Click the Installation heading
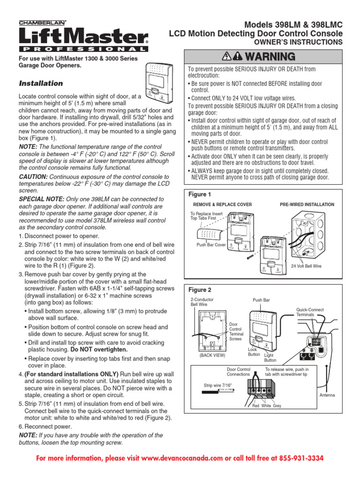coord(40,83)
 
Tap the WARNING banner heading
coord(262,57)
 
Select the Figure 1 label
coord(200,194)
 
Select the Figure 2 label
coord(200,290)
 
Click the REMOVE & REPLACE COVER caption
coord(223,205)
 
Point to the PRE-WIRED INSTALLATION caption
coord(307,205)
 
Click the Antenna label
coord(327,395)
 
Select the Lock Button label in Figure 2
coord(254,352)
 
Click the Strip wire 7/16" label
coord(217,385)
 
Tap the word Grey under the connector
coord(277,405)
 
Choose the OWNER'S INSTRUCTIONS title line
coord(298,42)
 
